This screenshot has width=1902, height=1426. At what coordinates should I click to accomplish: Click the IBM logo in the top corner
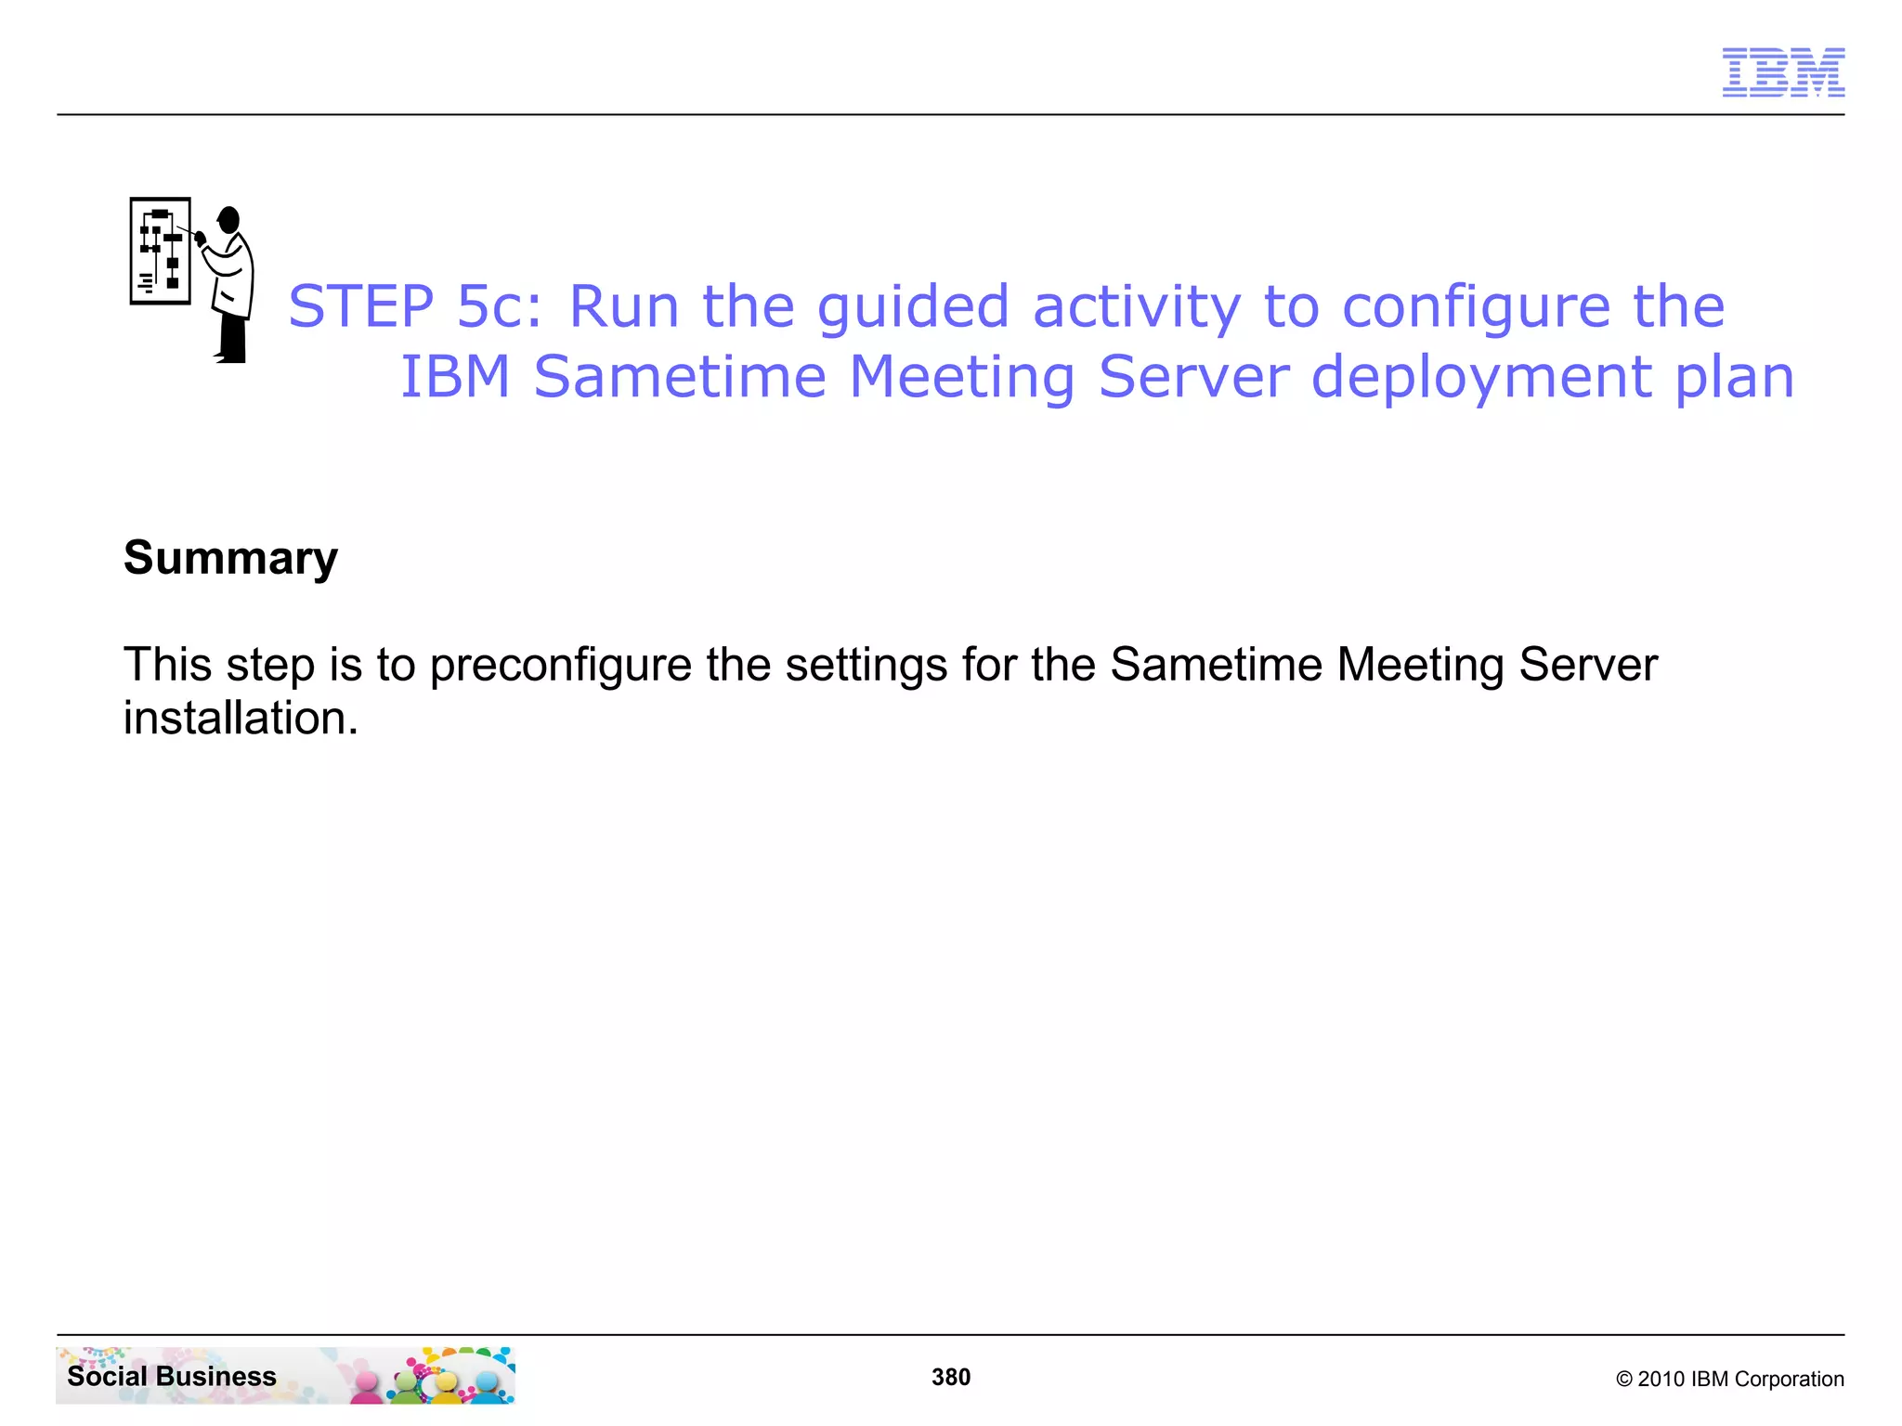[x=1783, y=72]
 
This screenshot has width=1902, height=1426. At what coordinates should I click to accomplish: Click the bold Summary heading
[x=230, y=559]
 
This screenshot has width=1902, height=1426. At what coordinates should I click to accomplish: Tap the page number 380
[x=951, y=1377]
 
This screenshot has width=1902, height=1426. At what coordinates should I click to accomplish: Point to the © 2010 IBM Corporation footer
[x=1729, y=1379]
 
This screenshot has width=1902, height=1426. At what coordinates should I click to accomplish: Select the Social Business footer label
[x=172, y=1376]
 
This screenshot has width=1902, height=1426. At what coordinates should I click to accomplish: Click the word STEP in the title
[x=360, y=306]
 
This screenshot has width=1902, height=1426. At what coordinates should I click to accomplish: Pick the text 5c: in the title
[x=499, y=306]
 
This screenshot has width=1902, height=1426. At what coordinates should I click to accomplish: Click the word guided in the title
[x=912, y=308]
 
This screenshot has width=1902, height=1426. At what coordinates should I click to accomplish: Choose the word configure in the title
[x=1476, y=308]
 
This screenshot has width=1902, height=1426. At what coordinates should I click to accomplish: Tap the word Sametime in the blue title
[x=680, y=377]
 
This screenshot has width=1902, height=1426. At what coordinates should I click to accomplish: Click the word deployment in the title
[x=1481, y=379]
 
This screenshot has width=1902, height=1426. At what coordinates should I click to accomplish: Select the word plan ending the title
[x=1735, y=379]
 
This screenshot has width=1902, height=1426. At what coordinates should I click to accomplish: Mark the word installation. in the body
[x=241, y=719]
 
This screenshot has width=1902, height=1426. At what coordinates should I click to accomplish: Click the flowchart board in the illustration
[x=161, y=251]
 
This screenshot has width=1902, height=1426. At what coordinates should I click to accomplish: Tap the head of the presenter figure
[x=229, y=220]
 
